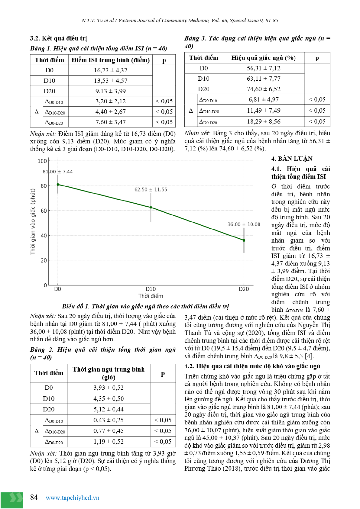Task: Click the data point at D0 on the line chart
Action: point(58,184)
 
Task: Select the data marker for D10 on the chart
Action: point(151,208)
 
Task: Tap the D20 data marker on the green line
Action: point(244,240)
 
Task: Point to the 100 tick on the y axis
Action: point(42,161)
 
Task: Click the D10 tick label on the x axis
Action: point(151,289)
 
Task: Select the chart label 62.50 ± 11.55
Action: point(151,190)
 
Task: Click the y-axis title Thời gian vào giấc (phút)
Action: point(33,221)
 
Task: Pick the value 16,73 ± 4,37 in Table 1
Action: point(111,70)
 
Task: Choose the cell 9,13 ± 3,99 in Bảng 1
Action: point(111,91)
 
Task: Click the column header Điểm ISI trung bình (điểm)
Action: point(111,60)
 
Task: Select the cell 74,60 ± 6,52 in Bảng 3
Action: point(264,89)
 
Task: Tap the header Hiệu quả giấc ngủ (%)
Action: point(264,58)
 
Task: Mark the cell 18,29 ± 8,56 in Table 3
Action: point(264,121)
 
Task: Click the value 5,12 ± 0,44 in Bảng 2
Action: point(109,409)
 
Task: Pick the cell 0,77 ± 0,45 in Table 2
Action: point(109,431)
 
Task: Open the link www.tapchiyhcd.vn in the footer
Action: point(73,498)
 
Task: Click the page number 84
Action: point(34,498)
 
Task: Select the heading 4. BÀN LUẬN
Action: point(292,159)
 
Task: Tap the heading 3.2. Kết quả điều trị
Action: point(58,38)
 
